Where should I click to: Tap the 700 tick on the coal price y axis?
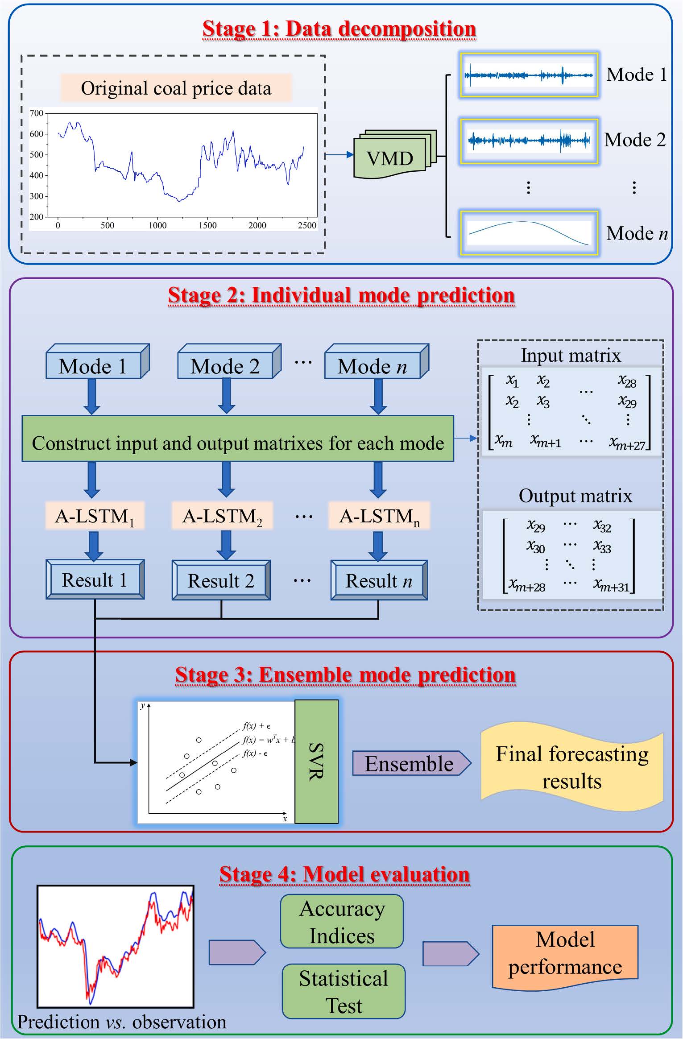pyautogui.click(x=37, y=113)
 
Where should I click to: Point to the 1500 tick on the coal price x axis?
pyautogui.click(x=207, y=226)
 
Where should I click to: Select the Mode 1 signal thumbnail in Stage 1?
pyautogui.click(x=529, y=75)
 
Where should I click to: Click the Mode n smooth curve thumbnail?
pyautogui.click(x=529, y=233)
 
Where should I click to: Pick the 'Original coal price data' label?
pyautogui.click(x=176, y=88)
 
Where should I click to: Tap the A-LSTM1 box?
pyautogui.click(x=95, y=516)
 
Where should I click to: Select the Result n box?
pyautogui.click(x=379, y=580)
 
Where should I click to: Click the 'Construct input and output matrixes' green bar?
pyautogui.click(x=238, y=443)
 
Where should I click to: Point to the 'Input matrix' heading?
pyautogui.click(x=571, y=356)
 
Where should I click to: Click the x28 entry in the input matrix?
pyautogui.click(x=627, y=381)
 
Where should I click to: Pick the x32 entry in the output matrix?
pyautogui.click(x=602, y=526)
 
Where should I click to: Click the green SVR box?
pyautogui.click(x=316, y=761)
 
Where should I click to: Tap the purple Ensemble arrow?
pyautogui.click(x=411, y=763)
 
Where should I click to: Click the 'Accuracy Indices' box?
pyautogui.click(x=342, y=922)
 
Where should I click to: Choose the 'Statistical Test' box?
pyautogui.click(x=344, y=992)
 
